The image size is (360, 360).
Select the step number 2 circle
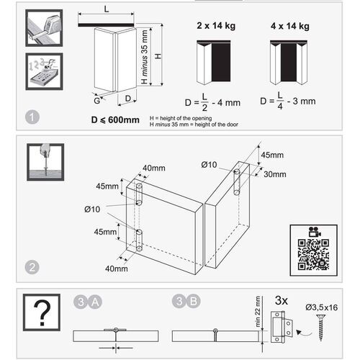tap(30, 266)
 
